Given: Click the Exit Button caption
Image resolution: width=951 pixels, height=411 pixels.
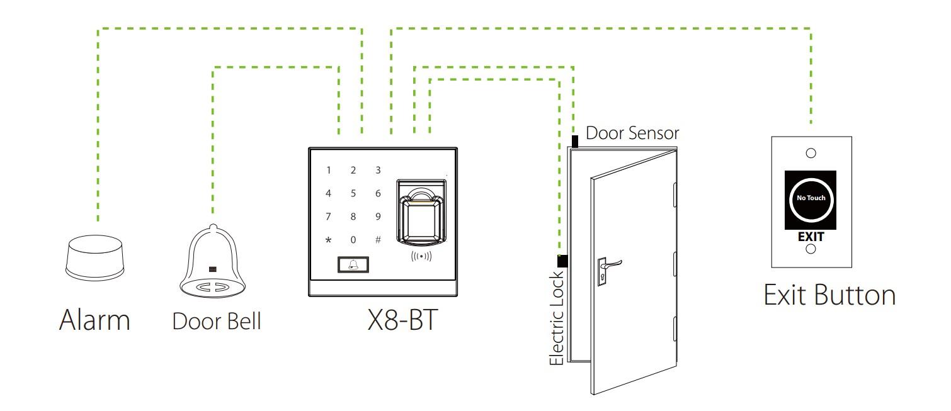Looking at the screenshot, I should [829, 295].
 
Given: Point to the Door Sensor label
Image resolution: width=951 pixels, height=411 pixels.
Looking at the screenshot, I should [632, 133].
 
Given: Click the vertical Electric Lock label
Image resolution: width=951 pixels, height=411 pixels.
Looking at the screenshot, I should [557, 318].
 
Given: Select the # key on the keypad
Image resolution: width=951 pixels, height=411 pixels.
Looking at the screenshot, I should [378, 239].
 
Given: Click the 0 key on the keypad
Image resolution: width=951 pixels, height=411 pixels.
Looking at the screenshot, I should [353, 239].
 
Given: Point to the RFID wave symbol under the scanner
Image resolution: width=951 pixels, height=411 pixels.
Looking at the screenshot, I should [421, 257].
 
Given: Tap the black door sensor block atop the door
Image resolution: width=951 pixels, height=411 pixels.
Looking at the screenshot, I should [574, 141].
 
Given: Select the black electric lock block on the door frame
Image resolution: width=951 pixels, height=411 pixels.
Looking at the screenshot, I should [562, 261].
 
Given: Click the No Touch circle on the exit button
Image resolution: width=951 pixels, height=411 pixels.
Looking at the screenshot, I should [811, 198].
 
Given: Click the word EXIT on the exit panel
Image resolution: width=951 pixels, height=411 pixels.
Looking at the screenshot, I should [811, 237].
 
